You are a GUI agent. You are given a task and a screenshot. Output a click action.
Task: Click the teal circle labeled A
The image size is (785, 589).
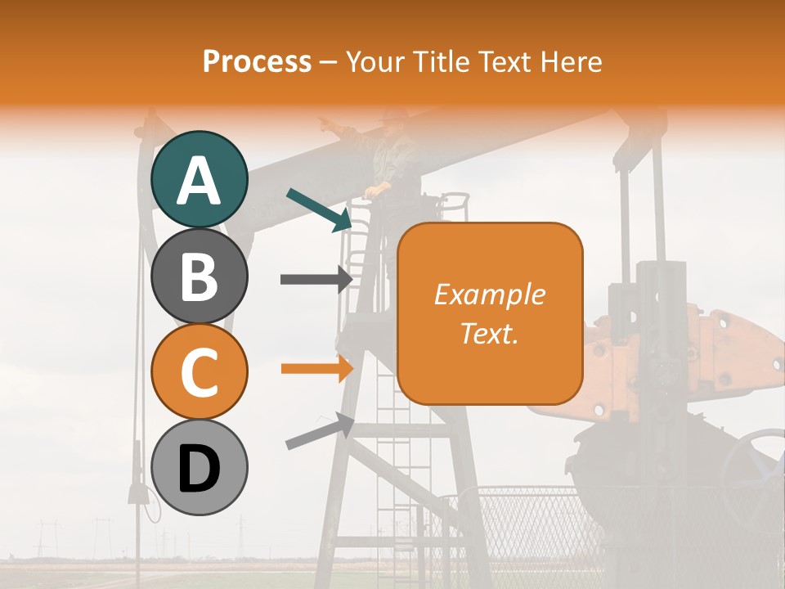[200, 180]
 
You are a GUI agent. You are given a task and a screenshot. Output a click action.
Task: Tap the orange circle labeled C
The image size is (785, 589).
[200, 372]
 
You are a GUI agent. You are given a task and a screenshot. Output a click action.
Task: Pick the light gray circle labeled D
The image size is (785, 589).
[200, 468]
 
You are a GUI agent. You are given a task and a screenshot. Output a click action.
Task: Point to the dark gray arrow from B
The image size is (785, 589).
[316, 279]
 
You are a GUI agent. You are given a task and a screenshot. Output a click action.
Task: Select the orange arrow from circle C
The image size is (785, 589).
[316, 368]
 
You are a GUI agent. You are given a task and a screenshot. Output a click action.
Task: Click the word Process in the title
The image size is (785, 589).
[257, 61]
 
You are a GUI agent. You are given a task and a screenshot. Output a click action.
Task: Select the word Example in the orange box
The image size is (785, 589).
[489, 294]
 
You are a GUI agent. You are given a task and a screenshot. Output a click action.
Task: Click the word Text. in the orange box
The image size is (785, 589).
[489, 334]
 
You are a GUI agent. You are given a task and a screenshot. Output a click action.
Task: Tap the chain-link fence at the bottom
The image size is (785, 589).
[532, 524]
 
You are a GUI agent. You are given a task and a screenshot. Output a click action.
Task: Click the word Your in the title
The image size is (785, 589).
[375, 61]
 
